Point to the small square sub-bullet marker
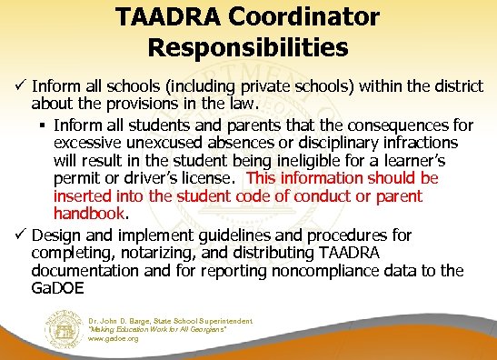(x=44, y=124)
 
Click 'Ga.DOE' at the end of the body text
(x=56, y=289)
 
